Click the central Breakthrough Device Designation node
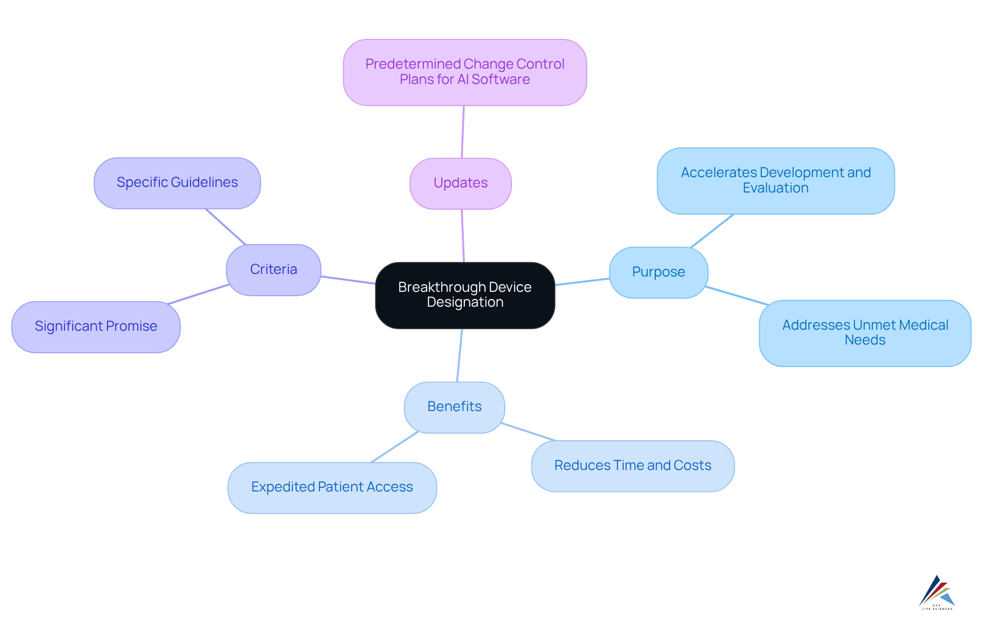click(465, 295)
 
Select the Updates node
click(460, 183)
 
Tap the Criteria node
click(273, 270)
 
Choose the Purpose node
click(658, 272)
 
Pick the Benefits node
click(454, 407)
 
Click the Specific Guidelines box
click(177, 183)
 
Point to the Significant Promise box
click(96, 327)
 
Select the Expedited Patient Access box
click(332, 487)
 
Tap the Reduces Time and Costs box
click(633, 466)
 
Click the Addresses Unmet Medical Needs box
click(865, 333)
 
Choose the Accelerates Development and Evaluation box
click(776, 181)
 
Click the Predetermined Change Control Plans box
click(465, 72)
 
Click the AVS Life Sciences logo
click(937, 593)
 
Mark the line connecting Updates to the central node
click(463, 236)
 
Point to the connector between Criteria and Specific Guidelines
click(226, 227)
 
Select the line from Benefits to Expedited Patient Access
click(395, 447)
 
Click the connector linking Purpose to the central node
click(582, 282)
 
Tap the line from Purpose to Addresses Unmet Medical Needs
click(737, 295)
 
